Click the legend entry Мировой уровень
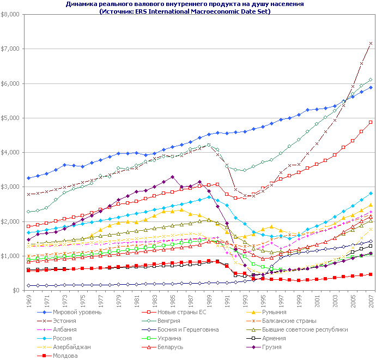point(74,312)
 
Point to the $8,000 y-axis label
point(11,14)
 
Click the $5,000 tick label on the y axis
point(11,118)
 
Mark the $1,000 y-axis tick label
point(11,256)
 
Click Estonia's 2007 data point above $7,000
point(371,43)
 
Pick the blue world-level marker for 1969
point(28,178)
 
